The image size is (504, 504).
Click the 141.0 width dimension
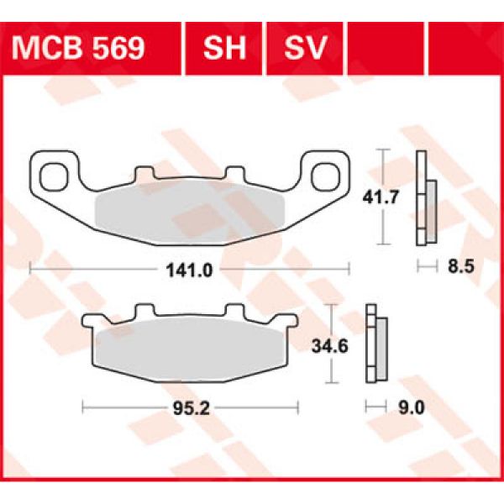[189, 269]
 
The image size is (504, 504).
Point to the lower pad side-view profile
[375, 344]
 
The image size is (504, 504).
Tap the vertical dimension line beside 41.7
[384, 196]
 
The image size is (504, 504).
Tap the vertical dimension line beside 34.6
[334, 344]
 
